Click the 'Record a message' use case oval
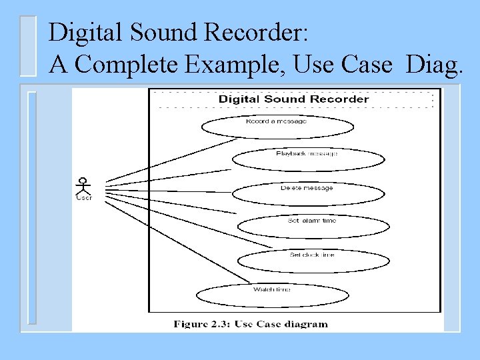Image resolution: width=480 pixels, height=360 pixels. pyautogui.click(x=286, y=125)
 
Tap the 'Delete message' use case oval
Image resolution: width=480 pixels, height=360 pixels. pyautogui.click(x=308, y=192)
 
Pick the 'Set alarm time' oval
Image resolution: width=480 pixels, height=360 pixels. pyautogui.click(x=313, y=225)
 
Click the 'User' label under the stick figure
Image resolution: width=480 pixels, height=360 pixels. pyautogui.click(x=83, y=197)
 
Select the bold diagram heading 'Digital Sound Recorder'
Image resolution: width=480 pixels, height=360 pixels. pyautogui.click(x=293, y=99)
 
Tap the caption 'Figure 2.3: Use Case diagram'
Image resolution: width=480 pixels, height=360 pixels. pyautogui.click(x=251, y=324)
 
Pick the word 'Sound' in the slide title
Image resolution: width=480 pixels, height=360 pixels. pyautogui.click(x=168, y=31)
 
